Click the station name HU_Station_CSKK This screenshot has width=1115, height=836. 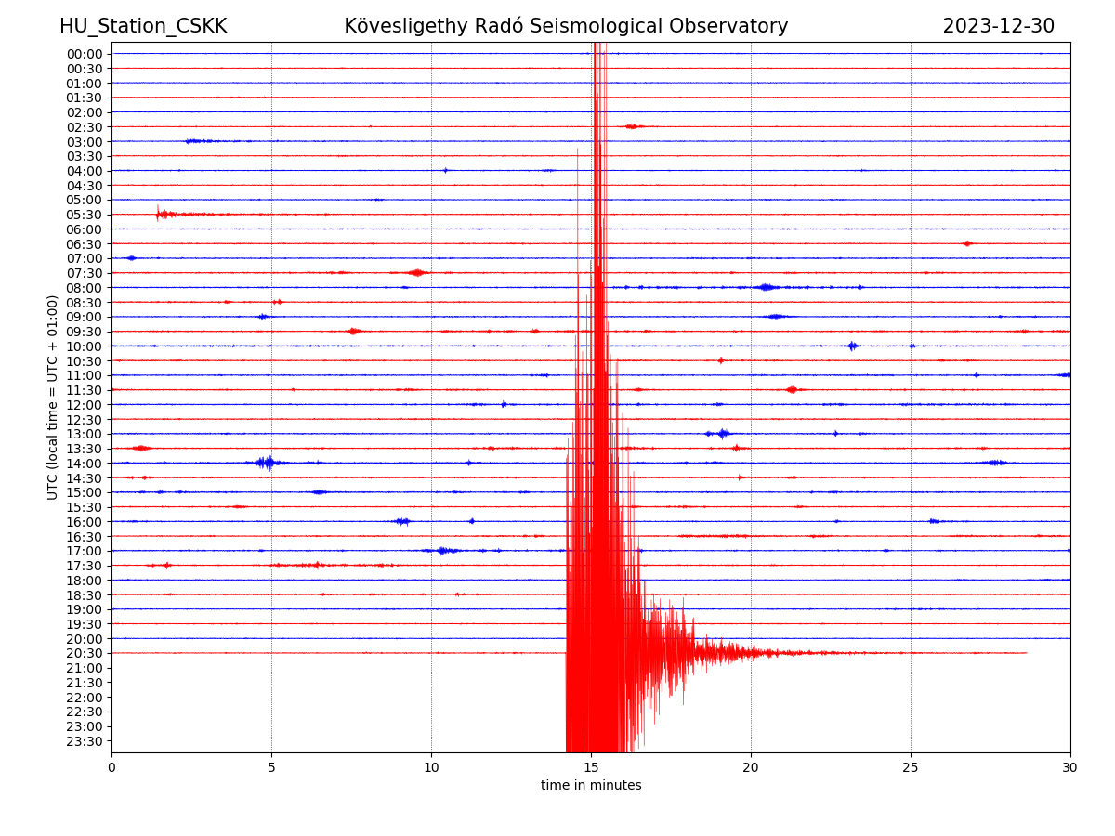(143, 26)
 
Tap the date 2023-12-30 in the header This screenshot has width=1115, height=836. (998, 26)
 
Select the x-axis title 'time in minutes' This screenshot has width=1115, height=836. (590, 785)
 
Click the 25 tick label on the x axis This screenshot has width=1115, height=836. (911, 767)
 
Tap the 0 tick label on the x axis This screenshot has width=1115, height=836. (111, 767)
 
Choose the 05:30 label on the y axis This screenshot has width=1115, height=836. (85, 215)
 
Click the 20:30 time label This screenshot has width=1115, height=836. (85, 653)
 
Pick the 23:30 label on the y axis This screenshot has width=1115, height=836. (85, 741)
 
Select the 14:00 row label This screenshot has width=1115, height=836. (85, 464)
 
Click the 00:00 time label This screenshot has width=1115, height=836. (85, 54)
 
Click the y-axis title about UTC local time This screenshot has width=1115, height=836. (52, 398)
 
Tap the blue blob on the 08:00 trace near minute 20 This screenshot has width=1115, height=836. (766, 287)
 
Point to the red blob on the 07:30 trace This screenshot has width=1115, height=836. (417, 272)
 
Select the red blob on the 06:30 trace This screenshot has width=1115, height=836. (966, 243)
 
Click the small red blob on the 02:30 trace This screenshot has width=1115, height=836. (633, 126)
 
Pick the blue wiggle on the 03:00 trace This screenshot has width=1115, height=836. (199, 141)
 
